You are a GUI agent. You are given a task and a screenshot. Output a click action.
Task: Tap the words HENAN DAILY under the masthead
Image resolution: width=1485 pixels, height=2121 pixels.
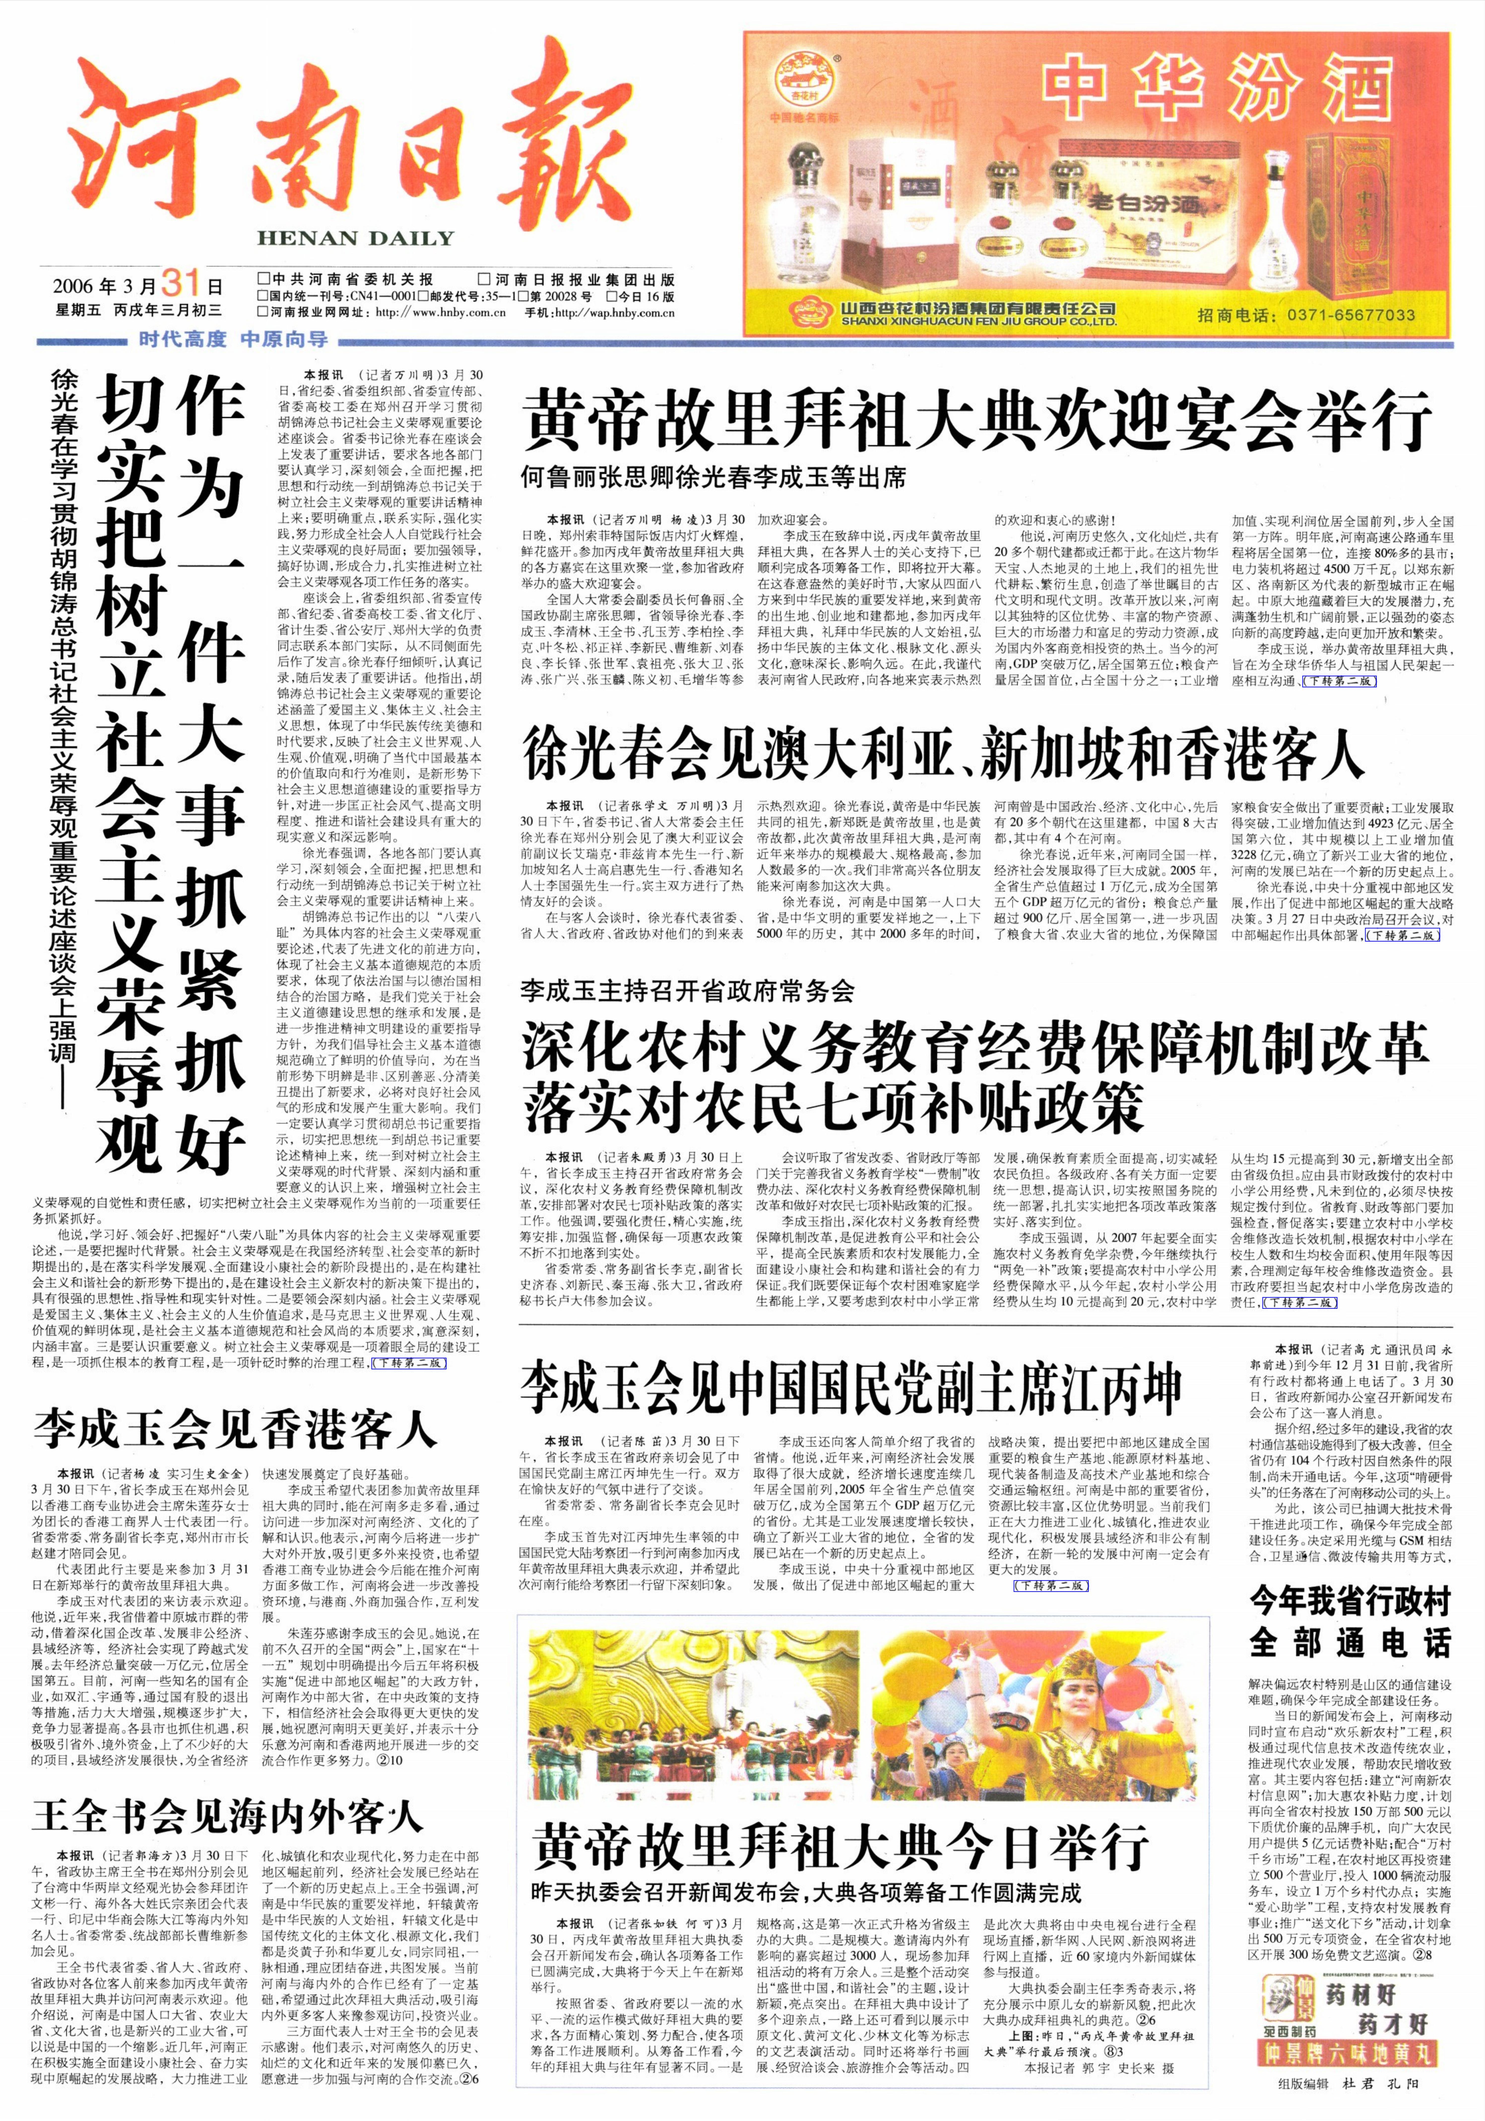click(356, 238)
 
